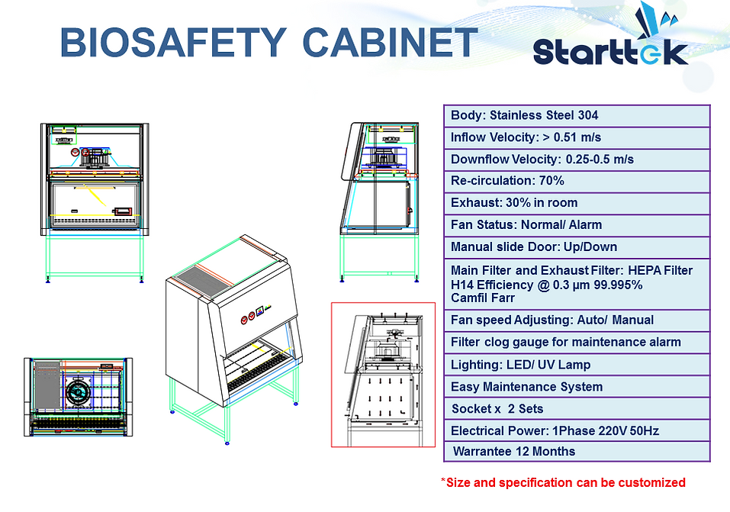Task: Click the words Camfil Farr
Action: pos(483,298)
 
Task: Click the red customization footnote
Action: pos(563,482)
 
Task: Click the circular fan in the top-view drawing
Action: pos(76,392)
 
